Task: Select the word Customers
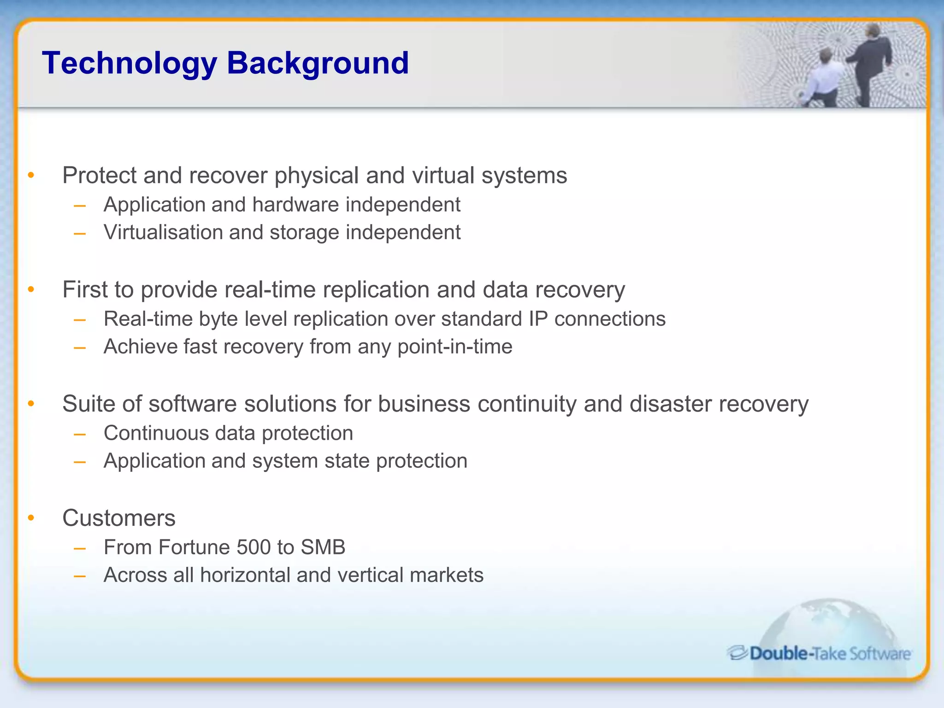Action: (x=119, y=518)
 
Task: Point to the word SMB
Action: (x=323, y=548)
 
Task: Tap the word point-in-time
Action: (x=454, y=347)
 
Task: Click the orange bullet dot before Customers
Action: (x=31, y=518)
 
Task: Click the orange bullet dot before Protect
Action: (x=31, y=175)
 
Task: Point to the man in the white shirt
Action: (x=825, y=78)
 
